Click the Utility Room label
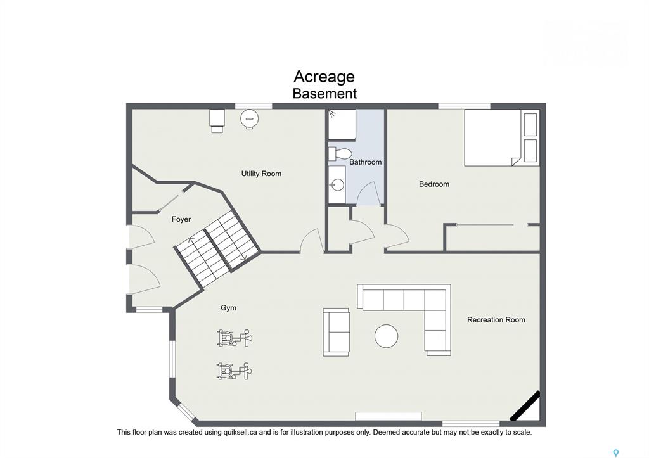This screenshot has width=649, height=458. (x=261, y=174)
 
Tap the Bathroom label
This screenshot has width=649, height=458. (x=365, y=162)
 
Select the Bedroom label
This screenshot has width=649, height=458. (x=434, y=184)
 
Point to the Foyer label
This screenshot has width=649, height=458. (x=181, y=219)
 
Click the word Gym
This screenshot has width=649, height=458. (x=228, y=308)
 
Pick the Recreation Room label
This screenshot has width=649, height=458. (x=496, y=320)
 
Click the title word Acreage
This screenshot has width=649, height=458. (x=324, y=77)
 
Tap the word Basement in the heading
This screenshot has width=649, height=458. (x=324, y=94)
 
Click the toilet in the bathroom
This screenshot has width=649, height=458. (x=340, y=154)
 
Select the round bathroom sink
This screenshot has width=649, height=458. (x=338, y=185)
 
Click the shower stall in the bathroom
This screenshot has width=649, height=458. (x=342, y=124)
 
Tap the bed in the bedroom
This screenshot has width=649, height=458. (x=502, y=137)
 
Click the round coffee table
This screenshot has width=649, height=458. (x=386, y=336)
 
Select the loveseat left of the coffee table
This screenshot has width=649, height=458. (x=336, y=332)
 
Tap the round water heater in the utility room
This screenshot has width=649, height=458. (x=250, y=118)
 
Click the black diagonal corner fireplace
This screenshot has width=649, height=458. (x=525, y=406)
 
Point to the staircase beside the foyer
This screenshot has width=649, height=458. (x=217, y=248)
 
